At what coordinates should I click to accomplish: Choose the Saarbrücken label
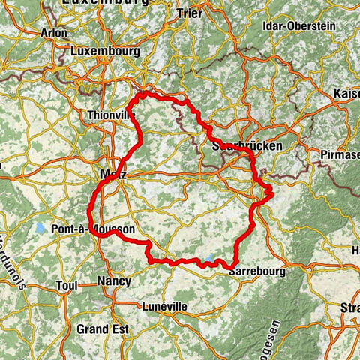[247, 146]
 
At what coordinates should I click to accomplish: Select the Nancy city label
[113, 281]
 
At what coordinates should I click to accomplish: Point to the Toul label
[67, 286]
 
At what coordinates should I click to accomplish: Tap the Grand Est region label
[102, 328]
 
